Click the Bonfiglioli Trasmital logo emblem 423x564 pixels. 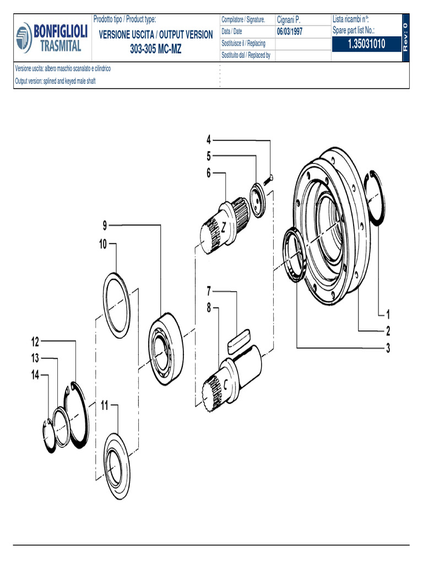click(x=24, y=38)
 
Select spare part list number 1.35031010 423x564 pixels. click(x=366, y=44)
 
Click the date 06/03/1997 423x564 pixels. click(x=290, y=31)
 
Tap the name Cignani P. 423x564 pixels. click(x=289, y=19)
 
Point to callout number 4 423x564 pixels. click(x=209, y=139)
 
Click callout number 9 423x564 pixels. click(x=105, y=225)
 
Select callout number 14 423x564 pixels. click(x=35, y=375)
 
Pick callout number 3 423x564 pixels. click(x=388, y=348)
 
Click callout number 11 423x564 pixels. click(x=104, y=405)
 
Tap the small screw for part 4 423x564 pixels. click(x=269, y=180)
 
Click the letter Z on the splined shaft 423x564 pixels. click(x=224, y=227)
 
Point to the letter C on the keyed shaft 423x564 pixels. click(x=225, y=385)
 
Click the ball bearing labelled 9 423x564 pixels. click(x=165, y=348)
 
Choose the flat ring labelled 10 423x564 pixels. click(x=117, y=305)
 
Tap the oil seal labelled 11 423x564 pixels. click(x=117, y=466)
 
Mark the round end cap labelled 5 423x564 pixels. click(x=258, y=200)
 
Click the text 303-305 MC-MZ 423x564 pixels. click(x=156, y=49)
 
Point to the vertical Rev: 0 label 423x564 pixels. click(x=405, y=37)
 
